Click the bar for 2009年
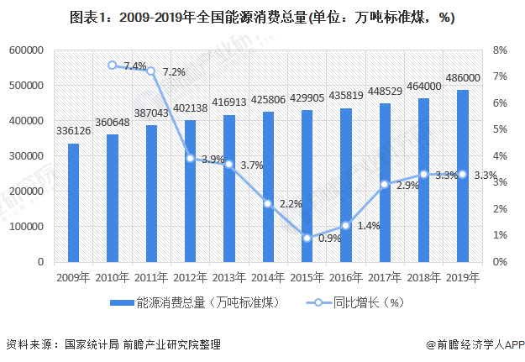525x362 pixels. click(74, 202)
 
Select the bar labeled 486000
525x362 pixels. click(463, 176)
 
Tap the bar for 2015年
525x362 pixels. click(307, 186)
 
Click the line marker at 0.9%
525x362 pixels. click(307, 238)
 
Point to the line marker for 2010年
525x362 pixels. click(113, 65)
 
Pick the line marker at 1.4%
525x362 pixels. click(346, 225)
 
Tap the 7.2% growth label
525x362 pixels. click(174, 72)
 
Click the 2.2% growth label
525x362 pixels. click(291, 203)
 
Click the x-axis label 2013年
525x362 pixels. click(228, 276)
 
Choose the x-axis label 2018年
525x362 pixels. click(423, 276)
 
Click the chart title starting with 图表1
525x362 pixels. click(262, 17)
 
